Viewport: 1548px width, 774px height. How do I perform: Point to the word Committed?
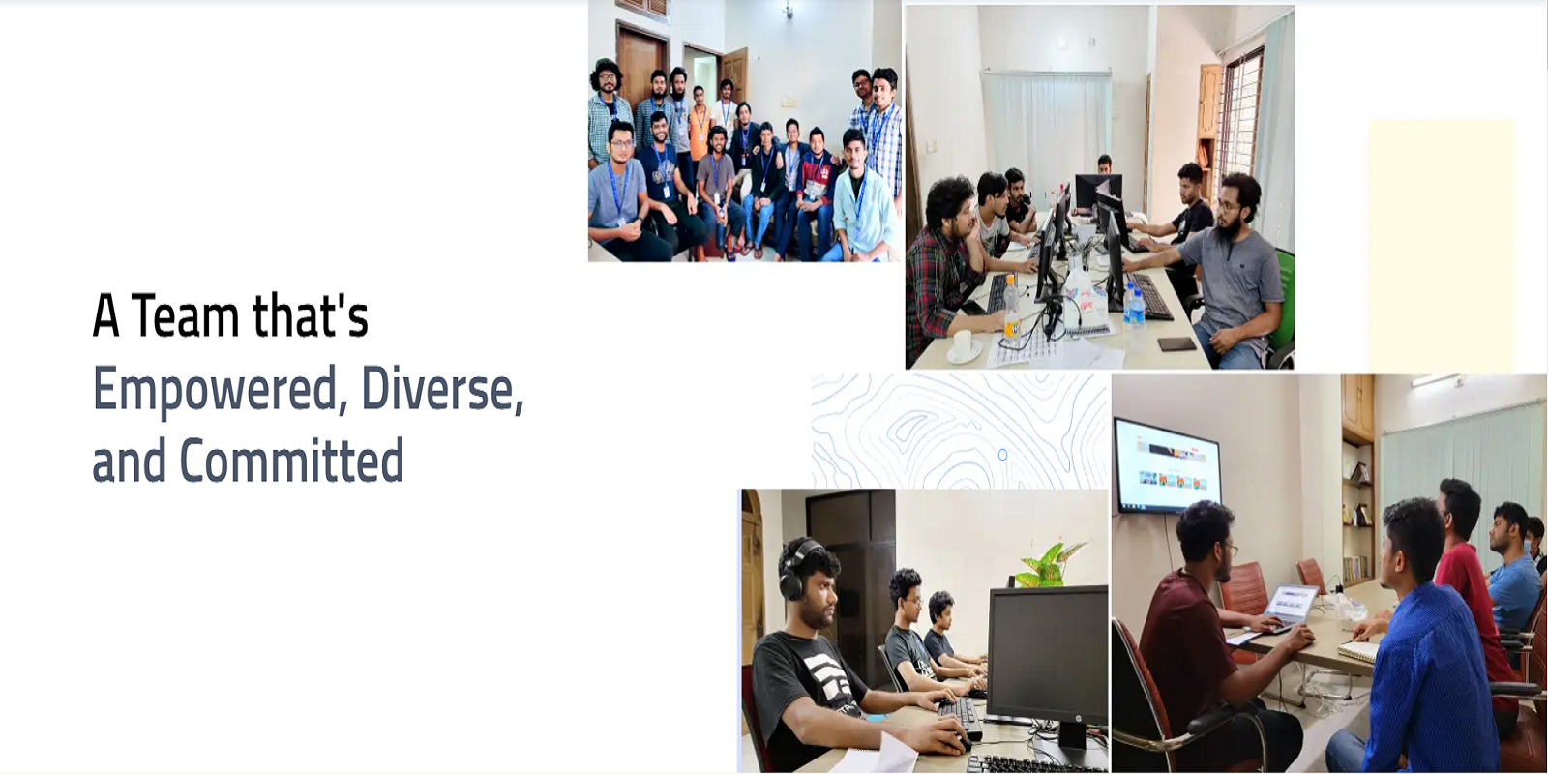291,461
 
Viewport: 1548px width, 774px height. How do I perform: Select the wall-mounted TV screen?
1167,465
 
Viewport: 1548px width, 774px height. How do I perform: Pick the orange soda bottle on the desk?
1011,309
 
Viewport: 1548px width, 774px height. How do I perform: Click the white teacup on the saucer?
963,344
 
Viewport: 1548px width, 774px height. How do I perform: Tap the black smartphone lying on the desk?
1176,343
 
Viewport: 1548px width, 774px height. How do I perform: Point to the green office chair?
1283,304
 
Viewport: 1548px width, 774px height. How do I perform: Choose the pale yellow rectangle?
1442,246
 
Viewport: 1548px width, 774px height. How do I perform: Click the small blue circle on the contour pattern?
1002,454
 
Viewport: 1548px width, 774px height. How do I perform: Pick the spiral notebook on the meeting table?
1357,651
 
